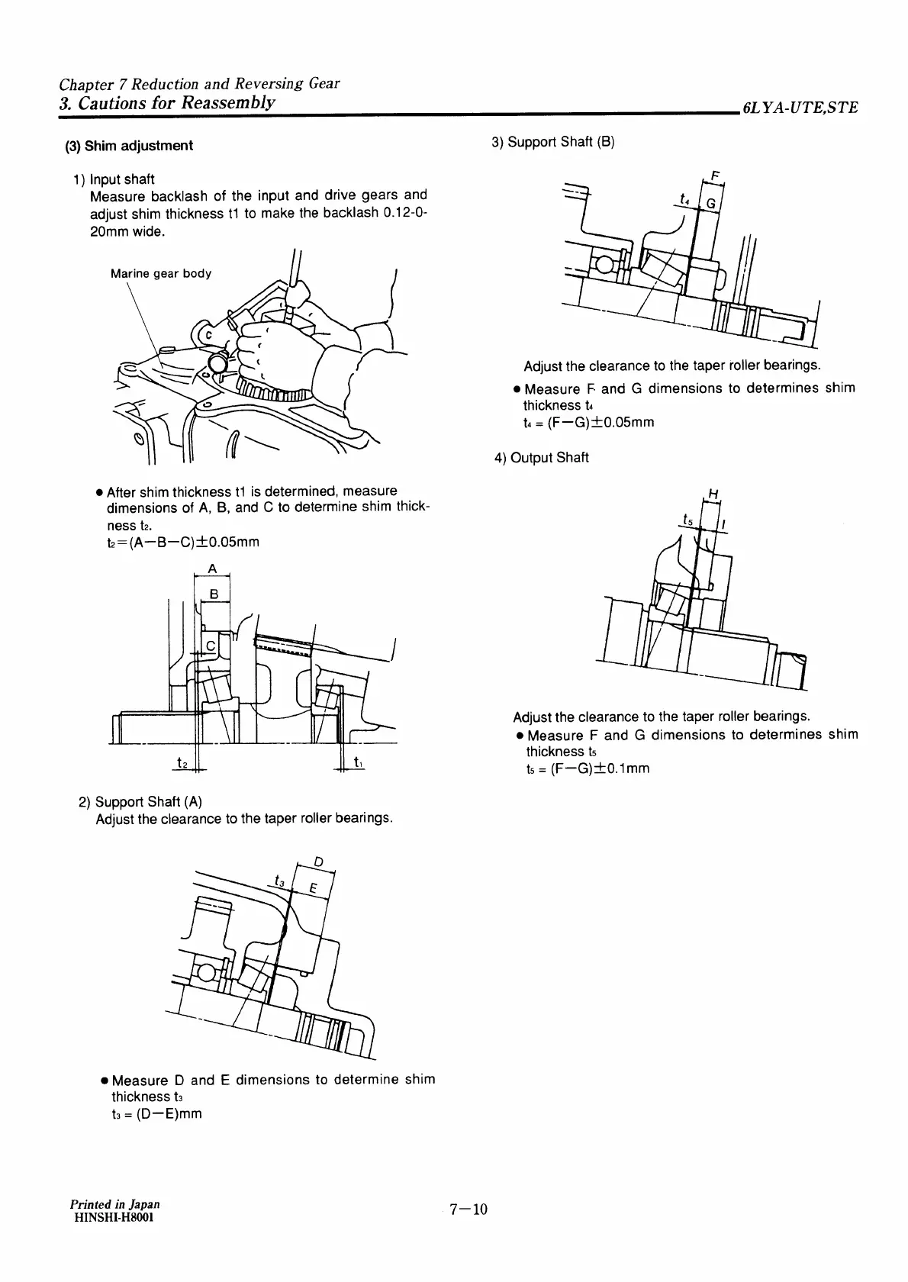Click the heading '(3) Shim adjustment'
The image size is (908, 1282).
point(128,146)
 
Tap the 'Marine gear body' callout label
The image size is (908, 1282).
point(161,273)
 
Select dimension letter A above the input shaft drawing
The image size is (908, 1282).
point(212,569)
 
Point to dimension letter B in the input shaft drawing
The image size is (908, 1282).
point(214,594)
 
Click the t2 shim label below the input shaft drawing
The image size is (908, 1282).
point(182,762)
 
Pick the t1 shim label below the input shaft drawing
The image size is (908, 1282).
point(358,762)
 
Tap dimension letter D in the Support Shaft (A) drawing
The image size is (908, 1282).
point(319,862)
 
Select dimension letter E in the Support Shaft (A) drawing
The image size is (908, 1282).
point(313,887)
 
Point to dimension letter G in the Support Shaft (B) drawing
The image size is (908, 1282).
point(710,204)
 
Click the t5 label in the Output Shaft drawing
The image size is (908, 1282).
point(688,520)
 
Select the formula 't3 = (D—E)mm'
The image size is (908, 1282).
point(156,1113)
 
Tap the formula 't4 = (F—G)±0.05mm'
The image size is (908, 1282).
point(588,422)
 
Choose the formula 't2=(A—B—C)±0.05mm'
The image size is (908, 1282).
point(182,542)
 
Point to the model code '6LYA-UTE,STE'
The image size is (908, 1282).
point(799,108)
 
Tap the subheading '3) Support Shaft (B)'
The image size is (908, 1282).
point(552,142)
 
